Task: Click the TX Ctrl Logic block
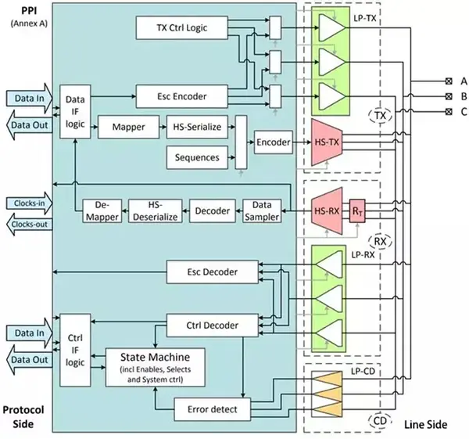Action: (181, 29)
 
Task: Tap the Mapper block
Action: (123, 126)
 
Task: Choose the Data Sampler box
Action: (261, 211)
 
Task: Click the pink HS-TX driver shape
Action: (328, 142)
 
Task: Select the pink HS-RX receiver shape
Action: (328, 211)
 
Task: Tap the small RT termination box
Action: (359, 211)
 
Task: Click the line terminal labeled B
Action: (449, 97)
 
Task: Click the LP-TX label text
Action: (365, 17)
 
